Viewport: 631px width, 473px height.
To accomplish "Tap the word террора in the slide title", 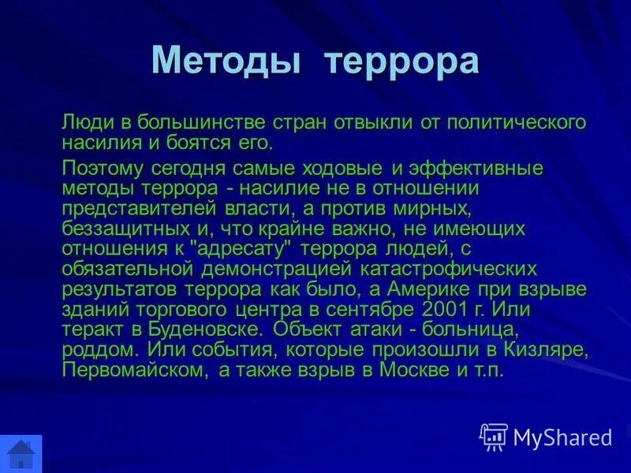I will tap(401, 61).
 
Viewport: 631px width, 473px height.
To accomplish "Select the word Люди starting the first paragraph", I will tap(84, 123).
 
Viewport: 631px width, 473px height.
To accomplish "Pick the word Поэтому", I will tap(105, 169).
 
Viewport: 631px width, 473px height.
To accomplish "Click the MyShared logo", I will tap(547, 437).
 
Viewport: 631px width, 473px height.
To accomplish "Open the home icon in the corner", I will tap(21, 455).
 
